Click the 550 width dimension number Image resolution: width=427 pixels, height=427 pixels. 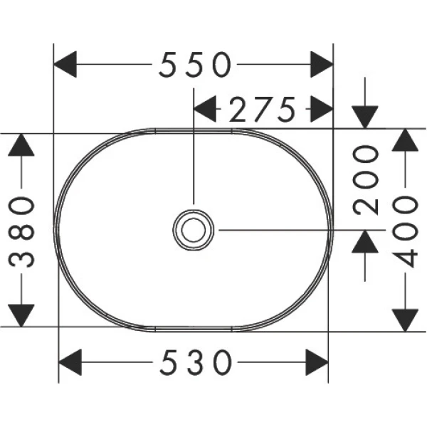(194, 66)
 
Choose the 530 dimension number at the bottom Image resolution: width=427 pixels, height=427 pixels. (194, 364)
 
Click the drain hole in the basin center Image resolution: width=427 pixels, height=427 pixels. (193, 229)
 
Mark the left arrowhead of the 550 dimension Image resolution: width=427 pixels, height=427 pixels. (65, 66)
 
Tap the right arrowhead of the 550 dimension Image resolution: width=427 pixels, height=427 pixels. (322, 66)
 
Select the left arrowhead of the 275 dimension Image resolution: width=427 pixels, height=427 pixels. (205, 110)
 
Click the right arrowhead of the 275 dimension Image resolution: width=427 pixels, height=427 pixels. (322, 110)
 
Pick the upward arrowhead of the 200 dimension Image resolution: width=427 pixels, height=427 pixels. (367, 242)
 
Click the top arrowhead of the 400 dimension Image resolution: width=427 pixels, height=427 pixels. (406, 141)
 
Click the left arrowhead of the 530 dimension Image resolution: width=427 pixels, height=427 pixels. (70, 364)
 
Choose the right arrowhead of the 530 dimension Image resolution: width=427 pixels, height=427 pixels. (317, 364)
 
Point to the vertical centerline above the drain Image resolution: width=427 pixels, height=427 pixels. (193, 157)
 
